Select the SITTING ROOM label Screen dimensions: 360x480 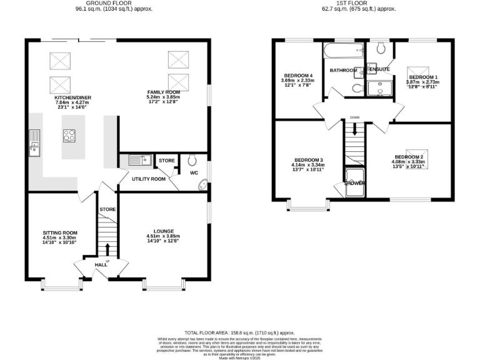coord(60,232)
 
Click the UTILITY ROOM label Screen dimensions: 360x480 coord(148,179)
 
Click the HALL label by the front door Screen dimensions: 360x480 coord(101,265)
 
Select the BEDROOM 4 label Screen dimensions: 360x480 coord(297,76)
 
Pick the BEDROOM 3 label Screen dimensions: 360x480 coord(308,159)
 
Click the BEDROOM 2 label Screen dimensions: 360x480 coord(409,156)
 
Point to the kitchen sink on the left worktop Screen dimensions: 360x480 coord(33,148)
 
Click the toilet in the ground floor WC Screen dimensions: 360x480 coord(192,159)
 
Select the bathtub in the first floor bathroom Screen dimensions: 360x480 coord(343,50)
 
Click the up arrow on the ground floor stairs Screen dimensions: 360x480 coord(107,249)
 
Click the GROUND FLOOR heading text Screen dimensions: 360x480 coord(113,3)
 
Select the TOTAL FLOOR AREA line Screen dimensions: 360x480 coord(239,333)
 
